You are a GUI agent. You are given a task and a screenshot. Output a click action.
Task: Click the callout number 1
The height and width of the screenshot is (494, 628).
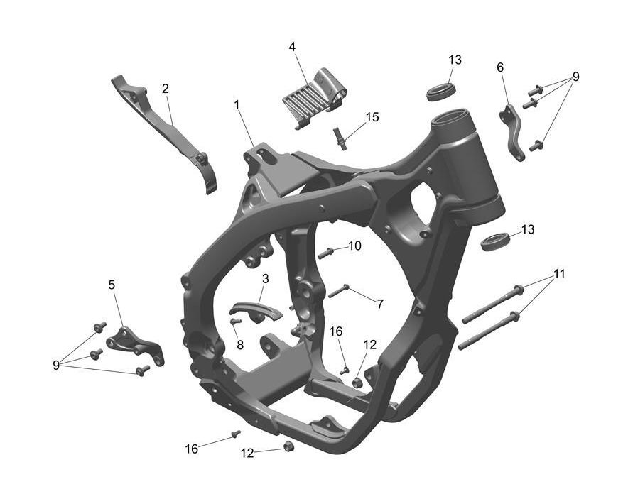(237, 105)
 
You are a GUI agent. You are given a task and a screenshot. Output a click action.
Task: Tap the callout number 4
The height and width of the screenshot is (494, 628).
(293, 47)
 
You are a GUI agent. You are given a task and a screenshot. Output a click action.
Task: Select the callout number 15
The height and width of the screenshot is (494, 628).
(372, 117)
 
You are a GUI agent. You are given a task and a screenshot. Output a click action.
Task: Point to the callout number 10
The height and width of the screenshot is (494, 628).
(355, 246)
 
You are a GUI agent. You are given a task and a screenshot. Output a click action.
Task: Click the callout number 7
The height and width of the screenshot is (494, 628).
(379, 304)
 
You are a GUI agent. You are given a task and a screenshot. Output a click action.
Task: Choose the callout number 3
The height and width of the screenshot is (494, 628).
(266, 279)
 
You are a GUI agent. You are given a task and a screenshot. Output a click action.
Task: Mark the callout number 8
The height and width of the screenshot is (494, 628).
(240, 345)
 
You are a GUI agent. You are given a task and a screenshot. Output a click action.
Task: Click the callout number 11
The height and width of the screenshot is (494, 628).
(559, 274)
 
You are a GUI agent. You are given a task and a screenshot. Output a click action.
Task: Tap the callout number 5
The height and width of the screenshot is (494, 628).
(112, 285)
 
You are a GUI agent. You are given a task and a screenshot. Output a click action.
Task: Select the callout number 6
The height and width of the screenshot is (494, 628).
(500, 67)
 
